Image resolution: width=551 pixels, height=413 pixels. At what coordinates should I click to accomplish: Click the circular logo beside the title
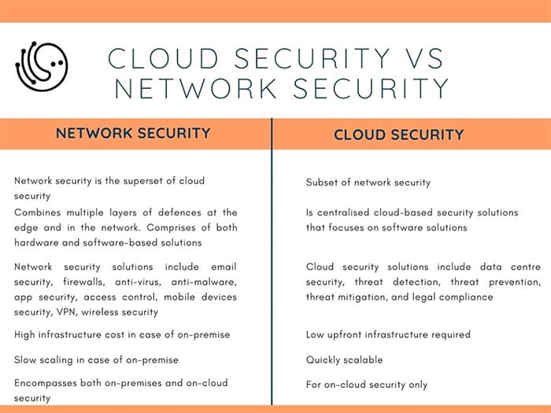[x=42, y=66]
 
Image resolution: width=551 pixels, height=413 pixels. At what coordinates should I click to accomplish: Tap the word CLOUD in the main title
[x=163, y=58]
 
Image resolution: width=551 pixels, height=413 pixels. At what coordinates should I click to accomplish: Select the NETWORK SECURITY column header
[x=133, y=133]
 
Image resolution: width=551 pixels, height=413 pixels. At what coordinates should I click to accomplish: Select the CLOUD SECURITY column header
[x=399, y=135]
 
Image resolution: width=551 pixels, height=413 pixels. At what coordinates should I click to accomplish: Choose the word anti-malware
[x=204, y=282]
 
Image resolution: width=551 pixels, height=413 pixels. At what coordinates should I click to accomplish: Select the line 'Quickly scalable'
[x=345, y=360]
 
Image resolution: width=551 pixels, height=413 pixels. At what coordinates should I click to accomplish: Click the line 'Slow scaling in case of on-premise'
[x=96, y=360]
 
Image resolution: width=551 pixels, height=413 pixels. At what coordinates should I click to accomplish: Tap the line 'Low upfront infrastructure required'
[x=388, y=334]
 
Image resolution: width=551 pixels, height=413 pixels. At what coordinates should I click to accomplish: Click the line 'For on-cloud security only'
[x=367, y=385]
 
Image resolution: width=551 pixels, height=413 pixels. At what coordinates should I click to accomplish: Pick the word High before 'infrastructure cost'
[x=24, y=334]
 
